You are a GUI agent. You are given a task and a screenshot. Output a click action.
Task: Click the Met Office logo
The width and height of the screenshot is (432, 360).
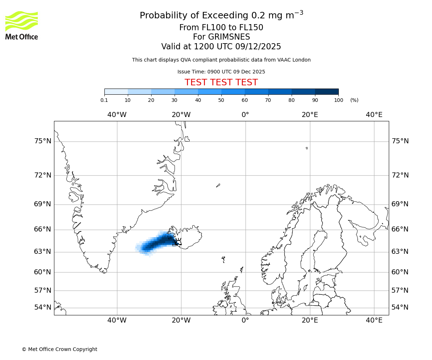(22, 25)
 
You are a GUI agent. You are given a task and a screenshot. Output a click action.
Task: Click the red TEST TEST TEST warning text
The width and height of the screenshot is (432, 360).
(221, 83)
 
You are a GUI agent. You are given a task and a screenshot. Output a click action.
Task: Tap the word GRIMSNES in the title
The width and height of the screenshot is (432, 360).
(221, 37)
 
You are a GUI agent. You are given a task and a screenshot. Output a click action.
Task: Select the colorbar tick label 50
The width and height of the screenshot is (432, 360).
(221, 100)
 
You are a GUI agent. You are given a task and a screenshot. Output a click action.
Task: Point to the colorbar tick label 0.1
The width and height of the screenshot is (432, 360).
(104, 100)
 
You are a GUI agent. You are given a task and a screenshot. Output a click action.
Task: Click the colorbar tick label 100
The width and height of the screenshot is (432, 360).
(338, 100)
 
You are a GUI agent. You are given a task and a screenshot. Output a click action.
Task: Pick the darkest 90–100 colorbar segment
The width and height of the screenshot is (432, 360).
(327, 92)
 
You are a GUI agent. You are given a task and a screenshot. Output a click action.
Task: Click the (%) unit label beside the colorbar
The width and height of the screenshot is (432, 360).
(354, 100)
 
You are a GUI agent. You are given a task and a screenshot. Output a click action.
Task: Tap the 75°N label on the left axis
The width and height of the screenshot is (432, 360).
(43, 141)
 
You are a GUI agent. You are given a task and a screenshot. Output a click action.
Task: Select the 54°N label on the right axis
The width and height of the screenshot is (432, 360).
(400, 307)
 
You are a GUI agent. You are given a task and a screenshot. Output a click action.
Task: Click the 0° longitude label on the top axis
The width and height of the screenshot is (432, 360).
(245, 115)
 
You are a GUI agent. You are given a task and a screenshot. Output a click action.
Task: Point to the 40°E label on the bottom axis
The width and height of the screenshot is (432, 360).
(374, 320)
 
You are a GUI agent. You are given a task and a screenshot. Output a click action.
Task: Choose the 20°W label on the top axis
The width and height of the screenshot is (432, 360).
(181, 115)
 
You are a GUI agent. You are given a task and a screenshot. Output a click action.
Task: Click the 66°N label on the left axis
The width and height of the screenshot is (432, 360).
(43, 229)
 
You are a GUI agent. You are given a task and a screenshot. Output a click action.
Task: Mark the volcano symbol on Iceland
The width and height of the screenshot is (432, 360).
(178, 242)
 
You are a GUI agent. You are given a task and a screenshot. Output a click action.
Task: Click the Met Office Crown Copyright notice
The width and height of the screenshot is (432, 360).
(59, 350)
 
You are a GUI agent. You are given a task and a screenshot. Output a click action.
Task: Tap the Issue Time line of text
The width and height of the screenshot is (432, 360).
(221, 72)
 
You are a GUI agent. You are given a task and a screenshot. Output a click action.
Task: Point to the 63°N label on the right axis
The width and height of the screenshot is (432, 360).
(400, 251)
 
